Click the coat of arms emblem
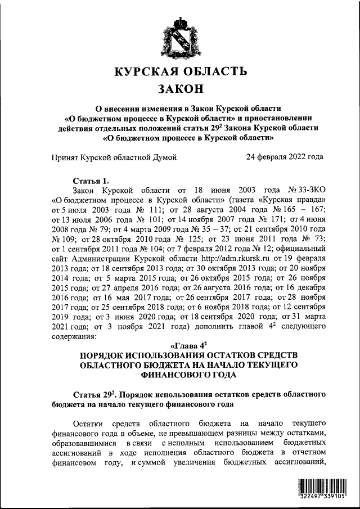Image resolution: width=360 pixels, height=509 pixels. click(180, 36)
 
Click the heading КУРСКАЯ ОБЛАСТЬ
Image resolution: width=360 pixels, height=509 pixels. click(180, 72)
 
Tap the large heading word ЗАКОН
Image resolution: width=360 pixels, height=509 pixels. click(180, 89)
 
